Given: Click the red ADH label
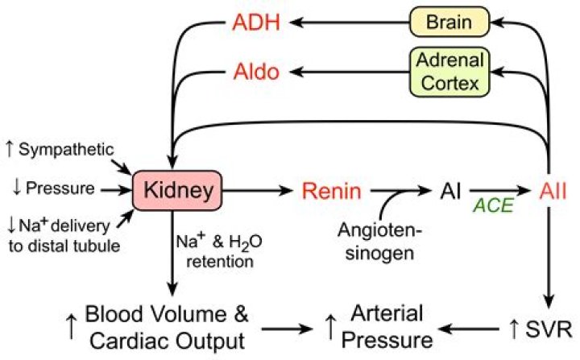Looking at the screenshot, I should click(257, 23).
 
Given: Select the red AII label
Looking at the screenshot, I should click(553, 191).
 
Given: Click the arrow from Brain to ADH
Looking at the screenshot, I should click(354, 23).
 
